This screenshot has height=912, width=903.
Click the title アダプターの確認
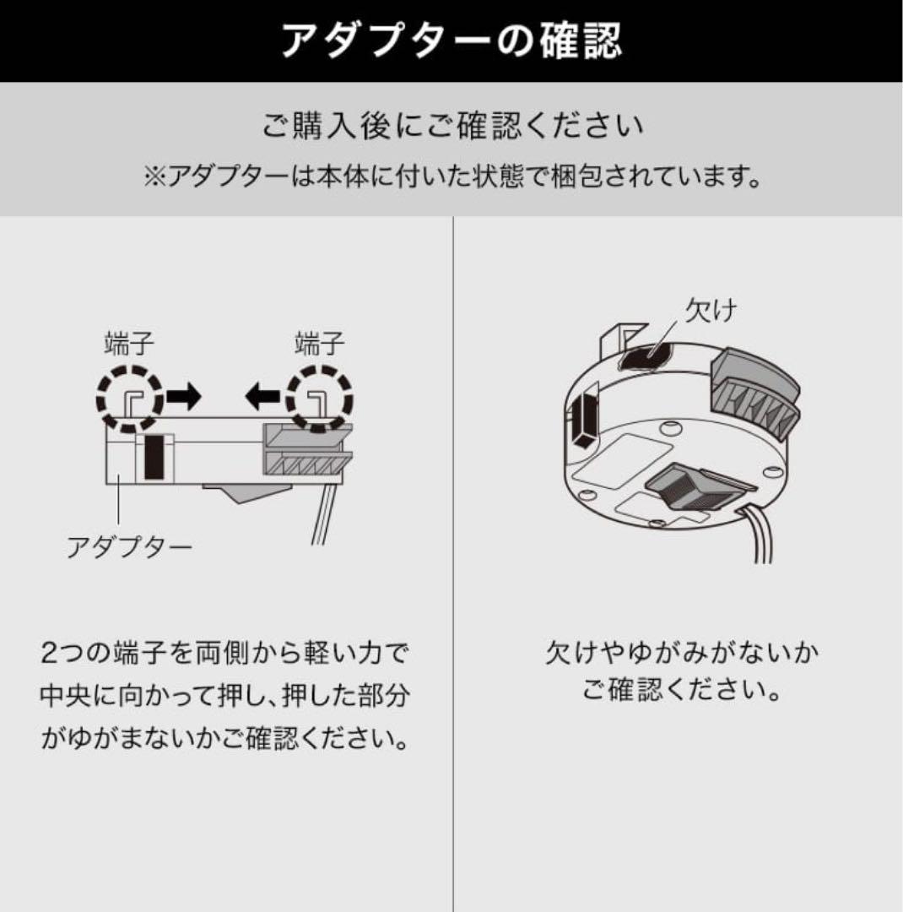point(451,40)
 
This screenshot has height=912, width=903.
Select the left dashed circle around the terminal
point(129,399)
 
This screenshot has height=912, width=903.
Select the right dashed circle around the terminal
point(319,399)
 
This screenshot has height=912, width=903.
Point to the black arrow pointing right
point(184,396)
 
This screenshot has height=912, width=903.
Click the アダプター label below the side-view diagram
point(129,548)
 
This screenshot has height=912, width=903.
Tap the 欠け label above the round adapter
point(711,312)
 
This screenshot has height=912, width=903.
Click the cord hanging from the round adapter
point(755,536)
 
